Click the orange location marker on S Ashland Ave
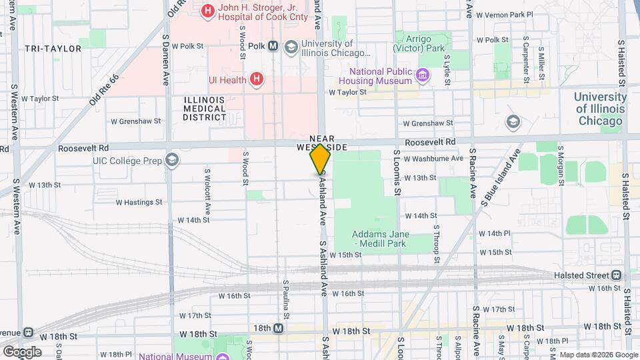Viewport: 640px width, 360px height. tap(320, 159)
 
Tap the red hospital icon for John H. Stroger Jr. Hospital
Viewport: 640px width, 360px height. tap(208, 11)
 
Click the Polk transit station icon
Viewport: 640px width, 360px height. tap(273, 46)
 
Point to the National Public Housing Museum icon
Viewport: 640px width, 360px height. tap(422, 75)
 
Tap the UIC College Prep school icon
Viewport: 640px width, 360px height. tap(172, 159)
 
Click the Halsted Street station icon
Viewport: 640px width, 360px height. tap(617, 275)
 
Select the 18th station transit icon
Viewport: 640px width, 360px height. tap(278, 329)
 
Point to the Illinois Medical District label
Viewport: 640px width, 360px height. tap(205, 109)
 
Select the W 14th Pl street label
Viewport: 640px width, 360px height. tap(494, 234)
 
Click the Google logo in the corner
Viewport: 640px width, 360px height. tap(21, 352)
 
